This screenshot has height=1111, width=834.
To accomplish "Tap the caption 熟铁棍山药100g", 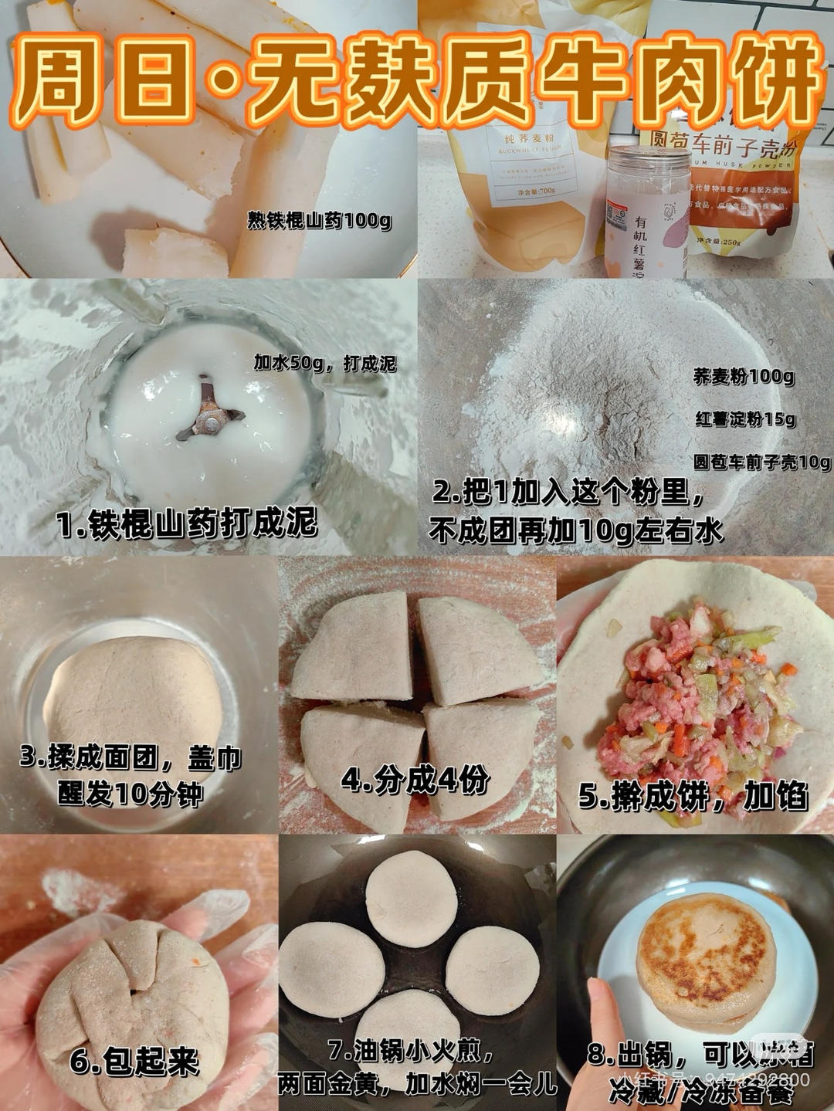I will (x=319, y=221).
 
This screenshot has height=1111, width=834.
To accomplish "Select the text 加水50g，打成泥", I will (x=325, y=363).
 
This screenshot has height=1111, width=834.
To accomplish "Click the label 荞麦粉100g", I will (x=743, y=377).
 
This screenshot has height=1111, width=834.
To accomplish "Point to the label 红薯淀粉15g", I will (x=745, y=419).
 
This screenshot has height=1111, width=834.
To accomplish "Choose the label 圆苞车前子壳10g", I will (x=761, y=462).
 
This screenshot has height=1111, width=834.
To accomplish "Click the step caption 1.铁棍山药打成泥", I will (x=187, y=524).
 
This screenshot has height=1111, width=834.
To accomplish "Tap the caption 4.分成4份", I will (x=415, y=781).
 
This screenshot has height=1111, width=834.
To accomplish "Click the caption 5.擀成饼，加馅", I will (x=693, y=796).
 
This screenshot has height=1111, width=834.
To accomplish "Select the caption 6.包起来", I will (x=134, y=1062).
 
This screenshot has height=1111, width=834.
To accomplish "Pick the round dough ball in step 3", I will (x=134, y=691).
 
